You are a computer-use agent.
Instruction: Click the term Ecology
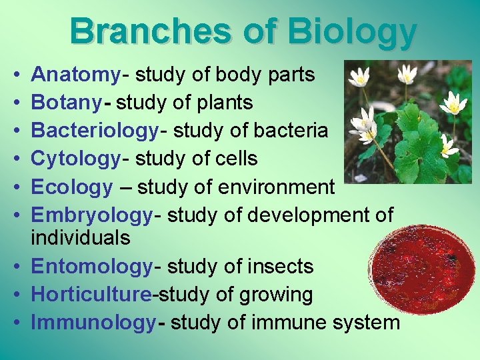72,187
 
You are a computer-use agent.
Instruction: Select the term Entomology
92,266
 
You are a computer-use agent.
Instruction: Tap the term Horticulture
97,294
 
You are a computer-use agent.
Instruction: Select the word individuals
81,237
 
